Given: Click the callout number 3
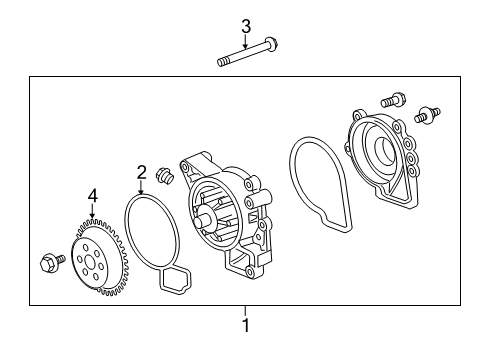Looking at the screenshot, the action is [x=246, y=27].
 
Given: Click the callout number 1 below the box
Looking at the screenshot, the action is [x=246, y=325].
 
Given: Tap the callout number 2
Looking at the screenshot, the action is [x=142, y=173].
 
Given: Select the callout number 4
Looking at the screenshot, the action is [x=93, y=196].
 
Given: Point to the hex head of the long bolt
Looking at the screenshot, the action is [x=272, y=45].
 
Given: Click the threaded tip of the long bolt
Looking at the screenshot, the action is [x=222, y=62].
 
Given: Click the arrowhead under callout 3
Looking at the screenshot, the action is [x=246, y=47].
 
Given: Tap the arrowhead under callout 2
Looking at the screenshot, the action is [x=142, y=192].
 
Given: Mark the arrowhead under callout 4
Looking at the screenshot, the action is [x=92, y=216].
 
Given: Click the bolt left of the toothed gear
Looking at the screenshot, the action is [x=52, y=261].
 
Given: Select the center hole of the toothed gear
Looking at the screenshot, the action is [x=90, y=262].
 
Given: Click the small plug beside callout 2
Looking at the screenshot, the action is [x=164, y=175].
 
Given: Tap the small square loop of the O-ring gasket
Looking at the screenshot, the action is [x=176, y=280].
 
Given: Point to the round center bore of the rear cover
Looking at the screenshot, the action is [x=384, y=149].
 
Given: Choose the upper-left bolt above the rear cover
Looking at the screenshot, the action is [x=393, y=100].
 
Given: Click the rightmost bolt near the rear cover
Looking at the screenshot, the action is [x=427, y=115].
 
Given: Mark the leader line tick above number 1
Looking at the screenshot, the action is [x=246, y=312].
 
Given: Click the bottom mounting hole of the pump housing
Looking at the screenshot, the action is [x=249, y=271].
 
